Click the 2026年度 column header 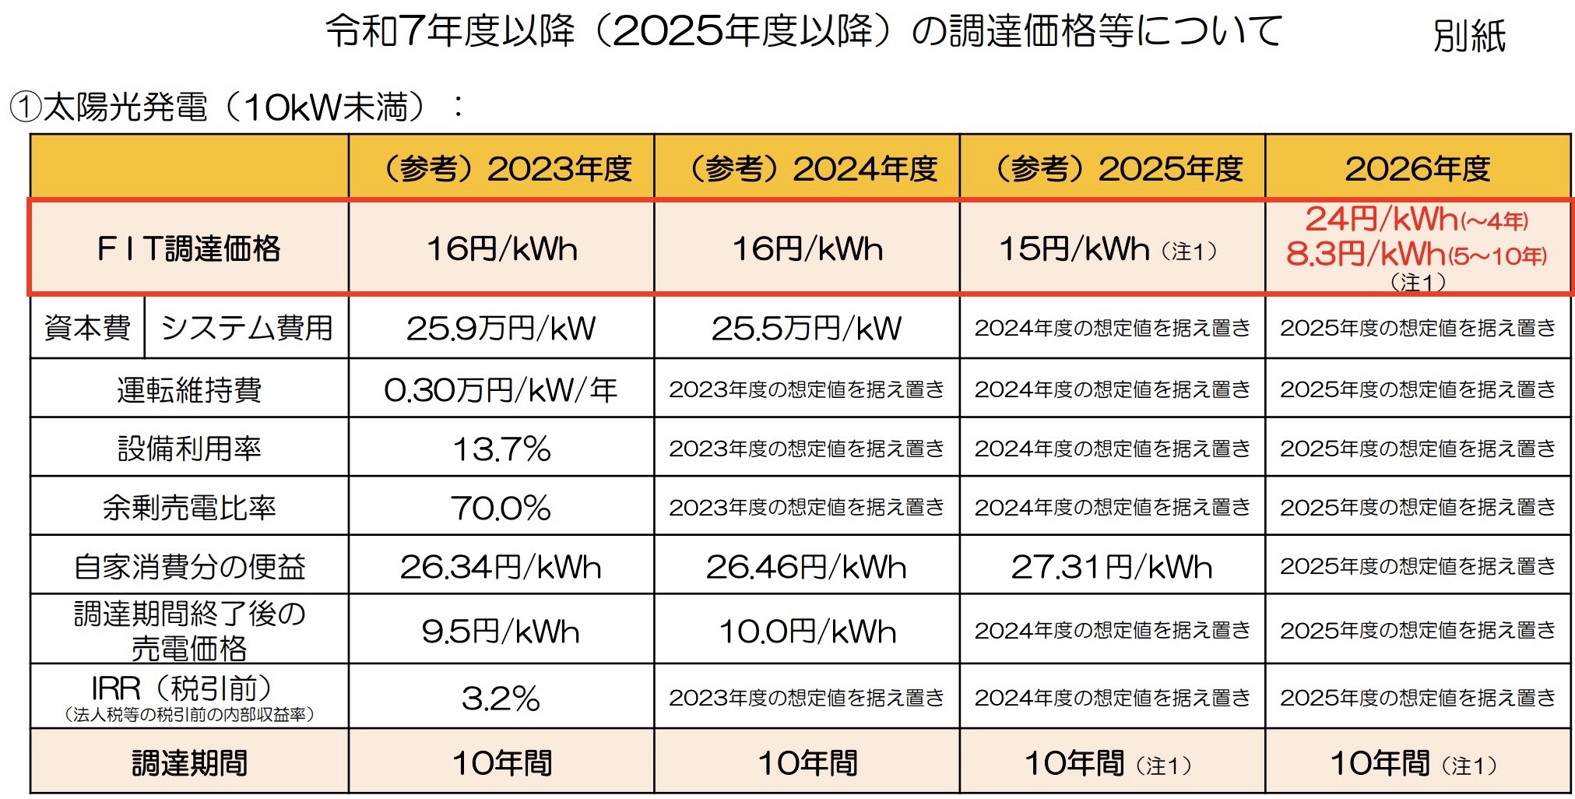1418,169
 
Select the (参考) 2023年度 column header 502,169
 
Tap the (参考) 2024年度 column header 807,169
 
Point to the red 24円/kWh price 1381,220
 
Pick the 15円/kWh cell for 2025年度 1074,249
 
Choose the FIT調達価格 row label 189,249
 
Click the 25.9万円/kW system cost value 501,328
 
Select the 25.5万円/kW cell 807,328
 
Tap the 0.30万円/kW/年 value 501,389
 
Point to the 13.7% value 501,449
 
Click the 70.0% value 501,508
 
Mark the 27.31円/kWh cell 1112,567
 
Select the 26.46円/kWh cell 807,567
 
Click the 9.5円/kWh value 501,631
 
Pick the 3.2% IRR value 501,699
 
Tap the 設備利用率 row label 189,449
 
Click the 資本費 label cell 87,328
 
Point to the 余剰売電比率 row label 189,508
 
